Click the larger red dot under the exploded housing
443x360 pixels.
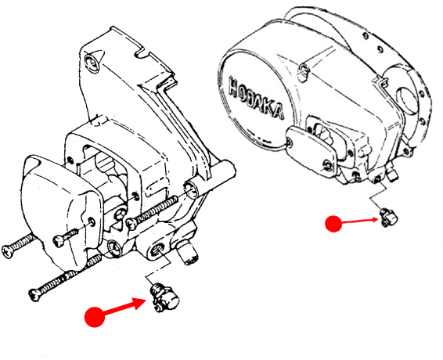pyautogui.click(x=95, y=317)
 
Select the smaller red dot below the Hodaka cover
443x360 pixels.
pyautogui.click(x=333, y=224)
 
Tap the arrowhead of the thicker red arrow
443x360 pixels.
pyautogui.click(x=140, y=303)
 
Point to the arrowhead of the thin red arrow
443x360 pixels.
pyautogui.click(x=375, y=219)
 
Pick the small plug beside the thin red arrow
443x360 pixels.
pyautogui.click(x=388, y=217)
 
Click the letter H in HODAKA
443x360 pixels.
pyautogui.click(x=234, y=86)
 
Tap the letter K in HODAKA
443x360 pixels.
pyautogui.click(x=268, y=106)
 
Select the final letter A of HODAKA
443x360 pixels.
pyautogui.click(x=278, y=112)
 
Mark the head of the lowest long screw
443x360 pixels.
pyautogui.click(x=35, y=295)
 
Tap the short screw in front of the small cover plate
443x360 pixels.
pyautogui.click(x=66, y=237)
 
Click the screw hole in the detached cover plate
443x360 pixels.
pyautogui.click(x=92, y=222)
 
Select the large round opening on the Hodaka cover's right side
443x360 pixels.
pyautogui.click(x=406, y=99)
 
